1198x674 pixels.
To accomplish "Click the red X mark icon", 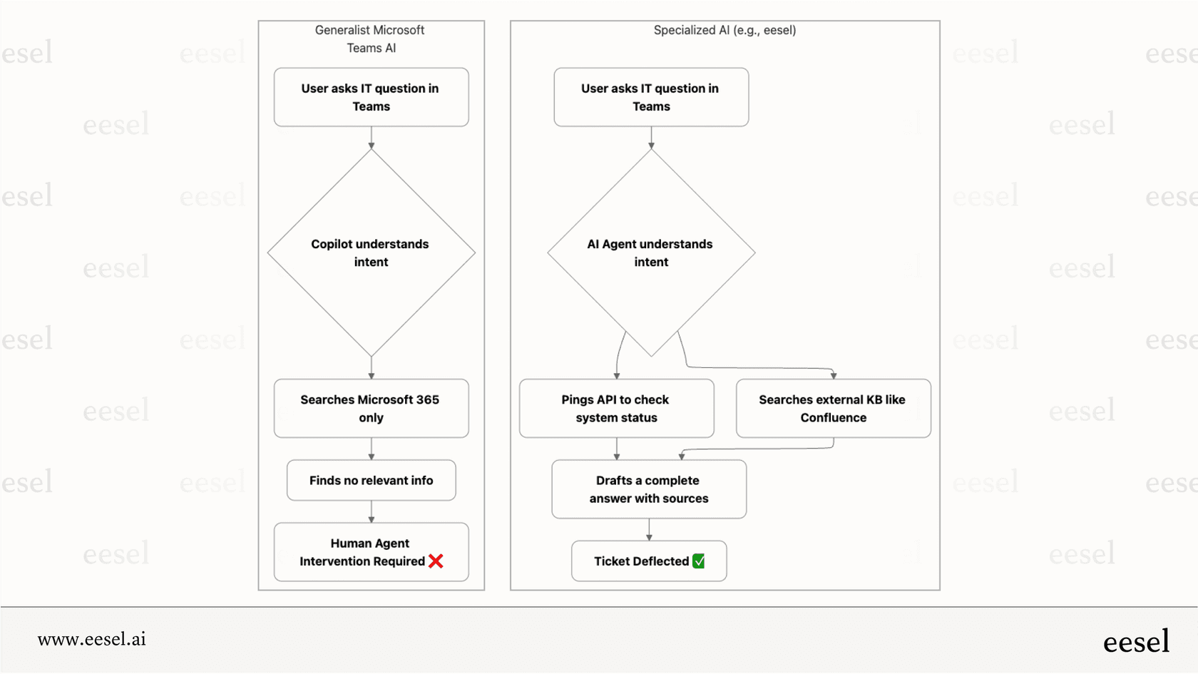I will pos(436,561).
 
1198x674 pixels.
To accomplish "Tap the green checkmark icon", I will pos(699,561).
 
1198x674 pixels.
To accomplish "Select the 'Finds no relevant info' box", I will pos(371,480).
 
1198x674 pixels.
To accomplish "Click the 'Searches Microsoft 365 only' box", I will pos(371,408).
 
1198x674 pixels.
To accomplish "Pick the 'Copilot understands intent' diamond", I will pos(371,252).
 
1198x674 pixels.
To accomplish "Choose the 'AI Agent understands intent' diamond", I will pos(651,252).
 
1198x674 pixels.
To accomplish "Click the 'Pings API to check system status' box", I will pos(616,408).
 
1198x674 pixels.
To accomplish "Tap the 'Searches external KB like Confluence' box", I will pos(833,408).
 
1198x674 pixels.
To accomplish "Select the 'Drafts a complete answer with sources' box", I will pos(649,489).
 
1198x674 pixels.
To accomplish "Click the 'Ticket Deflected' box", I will pos(648,561).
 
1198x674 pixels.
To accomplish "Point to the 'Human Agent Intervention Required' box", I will pos(371,552).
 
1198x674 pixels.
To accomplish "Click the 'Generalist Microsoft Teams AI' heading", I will pos(370,39).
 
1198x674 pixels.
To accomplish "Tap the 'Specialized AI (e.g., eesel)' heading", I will pos(725,30).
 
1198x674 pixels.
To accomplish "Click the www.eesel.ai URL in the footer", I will pos(91,639).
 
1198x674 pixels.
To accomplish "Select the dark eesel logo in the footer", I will pos(1136,641).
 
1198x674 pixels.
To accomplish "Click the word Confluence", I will pos(833,418).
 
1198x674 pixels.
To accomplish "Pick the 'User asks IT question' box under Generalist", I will pos(371,97).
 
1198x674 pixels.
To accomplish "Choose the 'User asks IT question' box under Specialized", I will pos(651,97).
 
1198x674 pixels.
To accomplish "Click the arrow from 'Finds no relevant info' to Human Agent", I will pos(371,511).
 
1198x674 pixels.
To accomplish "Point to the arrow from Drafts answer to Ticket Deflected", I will pos(649,529).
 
